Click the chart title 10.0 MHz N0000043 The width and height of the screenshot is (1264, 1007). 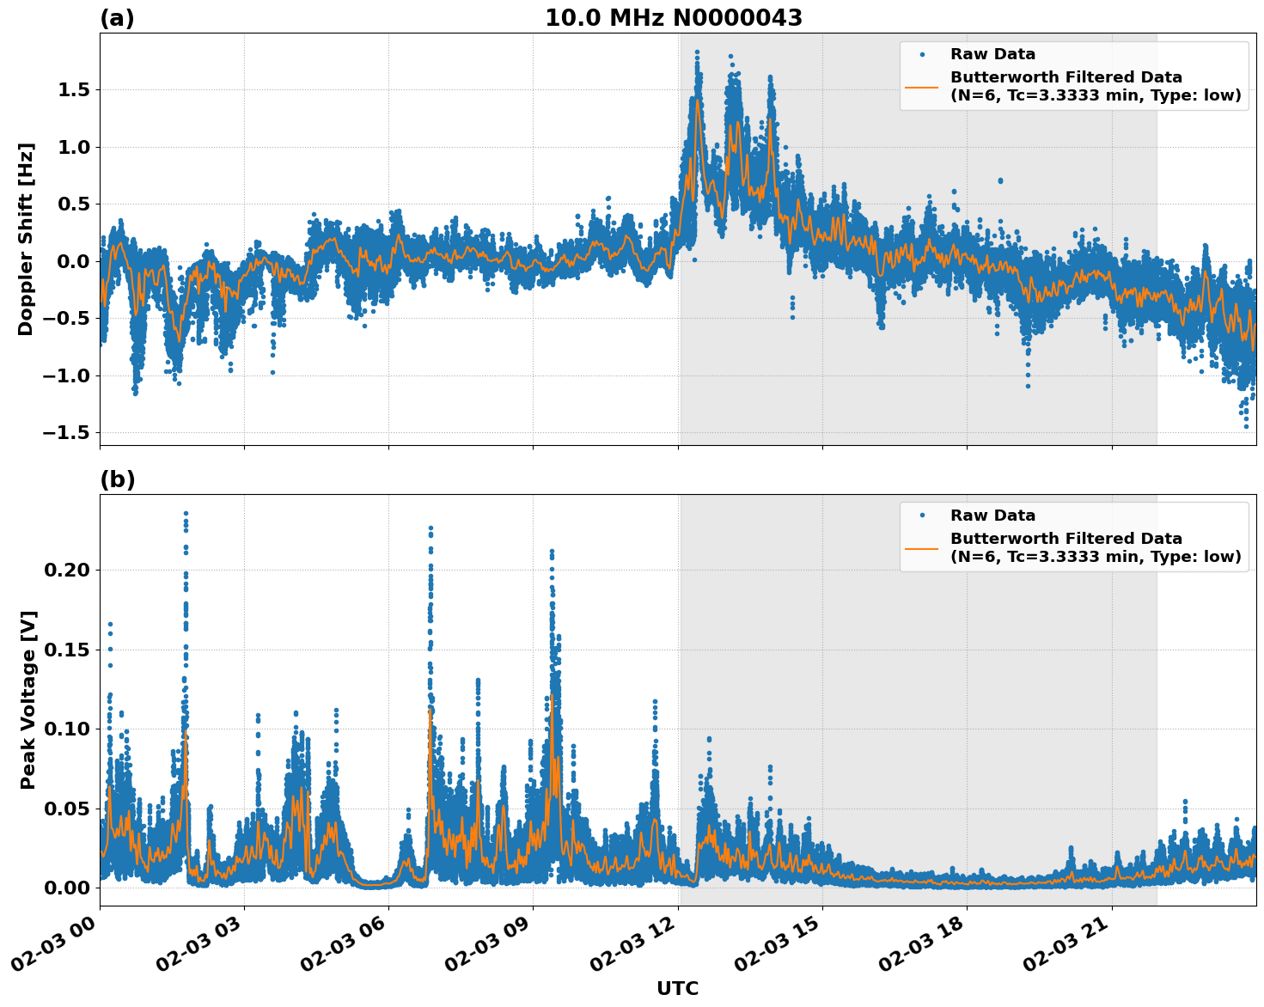pos(673,18)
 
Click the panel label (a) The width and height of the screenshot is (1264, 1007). pos(117,18)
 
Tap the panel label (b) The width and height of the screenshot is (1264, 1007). pos(117,479)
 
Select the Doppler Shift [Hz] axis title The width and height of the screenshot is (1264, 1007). pos(26,239)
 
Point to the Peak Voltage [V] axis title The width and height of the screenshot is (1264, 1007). pos(28,700)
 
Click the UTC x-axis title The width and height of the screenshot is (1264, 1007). pos(677,988)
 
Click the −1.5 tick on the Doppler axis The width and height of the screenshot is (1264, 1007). pos(67,432)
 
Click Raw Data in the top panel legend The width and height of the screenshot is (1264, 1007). pos(992,54)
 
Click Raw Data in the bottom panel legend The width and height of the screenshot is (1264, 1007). pos(992,516)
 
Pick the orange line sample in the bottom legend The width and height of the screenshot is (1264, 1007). pos(922,547)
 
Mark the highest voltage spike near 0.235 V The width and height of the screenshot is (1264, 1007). pos(186,514)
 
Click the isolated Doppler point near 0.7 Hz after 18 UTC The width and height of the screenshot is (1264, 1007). pos(1000,180)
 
